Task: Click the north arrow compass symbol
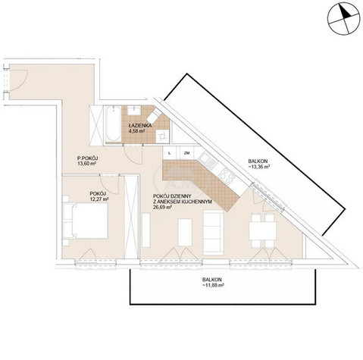(343, 18)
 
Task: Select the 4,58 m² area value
(136, 131)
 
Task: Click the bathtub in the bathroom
(113, 124)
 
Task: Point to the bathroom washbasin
(134, 111)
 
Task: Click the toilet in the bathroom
(155, 117)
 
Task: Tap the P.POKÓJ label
(87, 158)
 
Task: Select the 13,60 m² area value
(86, 164)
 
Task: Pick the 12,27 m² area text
(99, 199)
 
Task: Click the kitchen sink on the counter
(208, 161)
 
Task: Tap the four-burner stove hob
(227, 176)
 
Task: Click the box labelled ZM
(187, 153)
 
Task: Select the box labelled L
(170, 153)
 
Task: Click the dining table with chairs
(262, 230)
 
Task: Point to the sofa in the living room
(214, 233)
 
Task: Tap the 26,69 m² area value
(162, 208)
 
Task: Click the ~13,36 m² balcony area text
(259, 167)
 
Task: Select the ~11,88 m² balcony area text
(213, 285)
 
